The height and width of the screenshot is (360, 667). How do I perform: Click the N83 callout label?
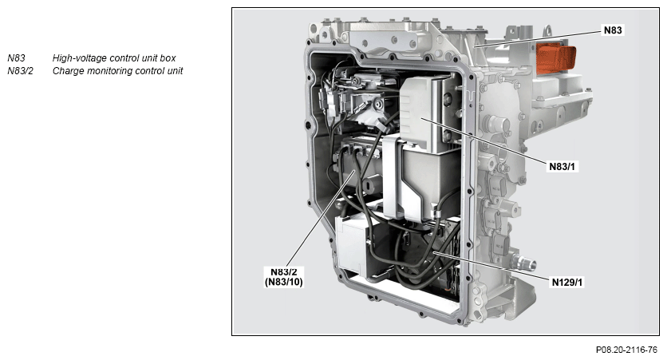[x=613, y=30]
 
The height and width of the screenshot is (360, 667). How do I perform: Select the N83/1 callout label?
[x=562, y=167]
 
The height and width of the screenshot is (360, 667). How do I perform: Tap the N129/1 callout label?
[x=567, y=282]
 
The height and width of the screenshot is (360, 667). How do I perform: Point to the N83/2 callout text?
[x=284, y=272]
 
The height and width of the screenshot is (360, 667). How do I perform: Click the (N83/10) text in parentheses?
[x=284, y=282]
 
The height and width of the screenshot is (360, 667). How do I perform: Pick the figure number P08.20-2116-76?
[x=626, y=350]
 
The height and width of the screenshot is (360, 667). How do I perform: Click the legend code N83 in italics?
[x=16, y=58]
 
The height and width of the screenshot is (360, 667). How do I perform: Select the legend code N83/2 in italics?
[x=20, y=70]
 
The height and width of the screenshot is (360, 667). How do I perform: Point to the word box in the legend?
[x=168, y=58]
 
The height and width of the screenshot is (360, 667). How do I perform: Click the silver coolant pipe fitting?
[x=523, y=262]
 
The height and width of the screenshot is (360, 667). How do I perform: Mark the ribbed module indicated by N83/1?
[x=420, y=115]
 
